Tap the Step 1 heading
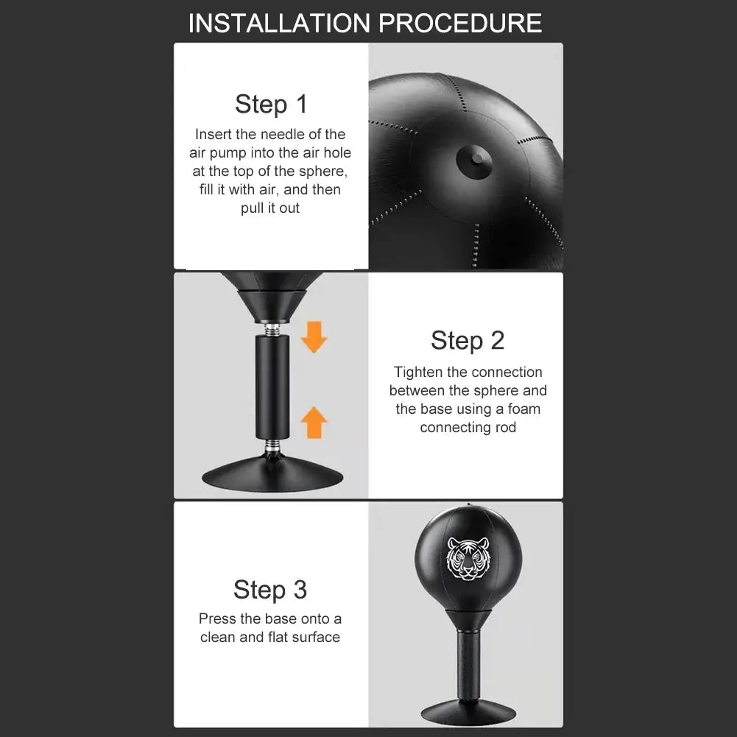(x=271, y=105)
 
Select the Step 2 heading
(x=468, y=340)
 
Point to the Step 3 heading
(x=270, y=590)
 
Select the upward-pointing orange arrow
(x=314, y=423)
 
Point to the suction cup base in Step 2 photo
(x=273, y=477)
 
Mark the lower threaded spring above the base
(x=273, y=446)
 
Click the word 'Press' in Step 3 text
(x=216, y=619)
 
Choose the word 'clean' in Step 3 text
(x=217, y=638)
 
